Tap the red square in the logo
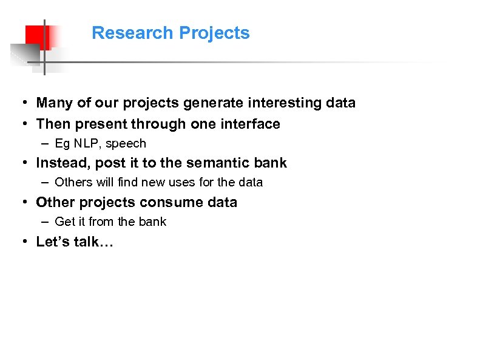(x=38, y=36)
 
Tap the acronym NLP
(x=86, y=144)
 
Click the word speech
(x=126, y=144)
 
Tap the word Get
(x=64, y=222)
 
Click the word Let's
(x=53, y=242)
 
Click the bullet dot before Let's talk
(x=21, y=242)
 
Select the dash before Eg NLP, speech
(x=46, y=144)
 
